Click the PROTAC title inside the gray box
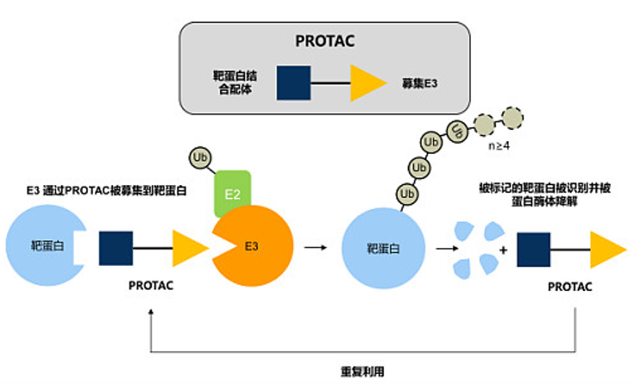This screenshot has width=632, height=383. coord(323,40)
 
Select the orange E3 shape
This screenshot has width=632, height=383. coord(250,245)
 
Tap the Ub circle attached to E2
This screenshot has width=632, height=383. coord(200,158)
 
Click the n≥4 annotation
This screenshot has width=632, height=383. coord(499,147)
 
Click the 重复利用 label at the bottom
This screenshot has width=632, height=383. coord(362,372)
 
